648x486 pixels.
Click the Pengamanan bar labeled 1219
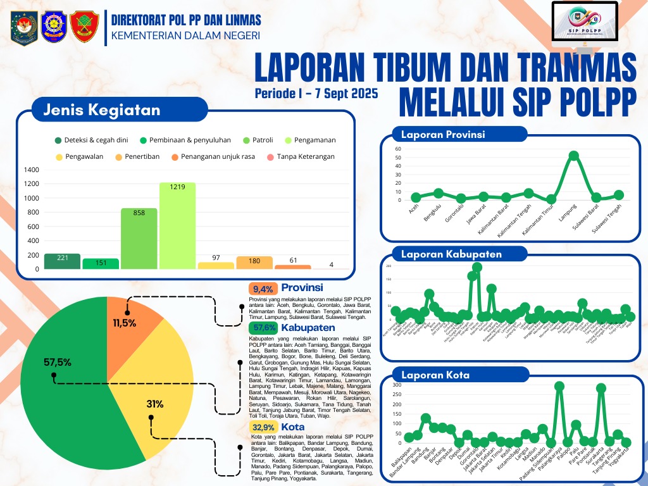click(x=177, y=226)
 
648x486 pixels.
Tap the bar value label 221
click(x=62, y=258)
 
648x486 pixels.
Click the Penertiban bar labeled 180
click(x=254, y=263)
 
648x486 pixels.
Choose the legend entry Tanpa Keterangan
click(x=301, y=156)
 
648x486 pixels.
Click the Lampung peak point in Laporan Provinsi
click(x=574, y=156)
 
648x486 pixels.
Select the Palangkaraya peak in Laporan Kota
click(x=559, y=386)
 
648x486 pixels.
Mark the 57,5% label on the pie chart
click(x=58, y=363)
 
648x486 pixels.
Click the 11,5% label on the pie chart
click(x=125, y=323)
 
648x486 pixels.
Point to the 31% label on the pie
click(x=154, y=404)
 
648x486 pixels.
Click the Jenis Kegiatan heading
click(x=101, y=109)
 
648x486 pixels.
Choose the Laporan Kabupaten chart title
click(x=451, y=254)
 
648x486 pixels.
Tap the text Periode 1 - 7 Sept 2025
click(x=316, y=94)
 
